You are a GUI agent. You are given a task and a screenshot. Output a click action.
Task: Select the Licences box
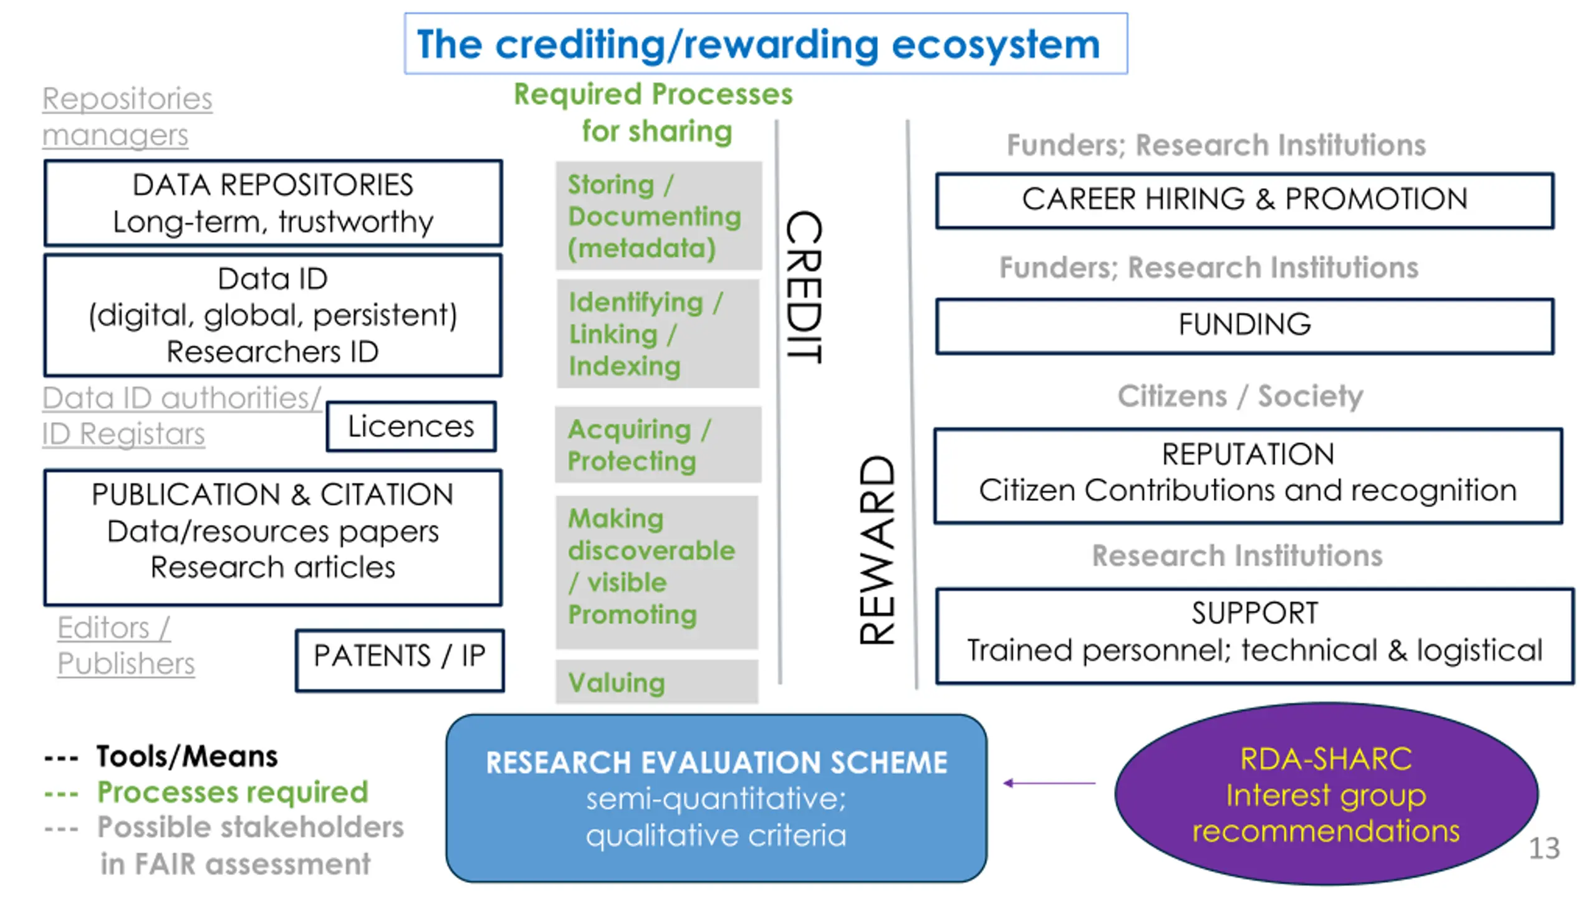411,427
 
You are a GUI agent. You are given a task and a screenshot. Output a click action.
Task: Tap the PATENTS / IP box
400,660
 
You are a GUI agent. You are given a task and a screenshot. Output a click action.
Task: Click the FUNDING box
1244,326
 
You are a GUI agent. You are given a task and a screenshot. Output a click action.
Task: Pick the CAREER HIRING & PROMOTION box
1244,200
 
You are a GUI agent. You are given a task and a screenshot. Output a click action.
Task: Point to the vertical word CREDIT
804,287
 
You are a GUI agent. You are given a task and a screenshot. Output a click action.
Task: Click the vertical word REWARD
877,549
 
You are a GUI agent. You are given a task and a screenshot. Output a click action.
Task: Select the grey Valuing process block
657,682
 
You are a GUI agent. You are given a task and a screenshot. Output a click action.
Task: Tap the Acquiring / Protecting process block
658,445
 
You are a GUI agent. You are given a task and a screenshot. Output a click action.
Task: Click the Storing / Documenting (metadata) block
658,216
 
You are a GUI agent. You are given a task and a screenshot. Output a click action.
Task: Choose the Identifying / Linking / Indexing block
658,334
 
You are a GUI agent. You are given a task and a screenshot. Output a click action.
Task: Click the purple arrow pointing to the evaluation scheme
1049,783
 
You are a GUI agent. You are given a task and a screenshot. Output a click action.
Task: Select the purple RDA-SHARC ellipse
1326,794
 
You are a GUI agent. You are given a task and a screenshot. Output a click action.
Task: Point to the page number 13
1544,848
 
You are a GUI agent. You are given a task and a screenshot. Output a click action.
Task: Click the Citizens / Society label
1240,396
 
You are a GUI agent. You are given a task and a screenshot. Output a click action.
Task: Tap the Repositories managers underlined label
127,117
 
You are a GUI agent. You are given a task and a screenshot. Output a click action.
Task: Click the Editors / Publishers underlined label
126,645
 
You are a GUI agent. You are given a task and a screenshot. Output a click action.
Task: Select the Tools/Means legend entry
161,756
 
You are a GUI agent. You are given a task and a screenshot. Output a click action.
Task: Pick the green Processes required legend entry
206,793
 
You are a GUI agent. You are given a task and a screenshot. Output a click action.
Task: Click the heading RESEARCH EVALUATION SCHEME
716,763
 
